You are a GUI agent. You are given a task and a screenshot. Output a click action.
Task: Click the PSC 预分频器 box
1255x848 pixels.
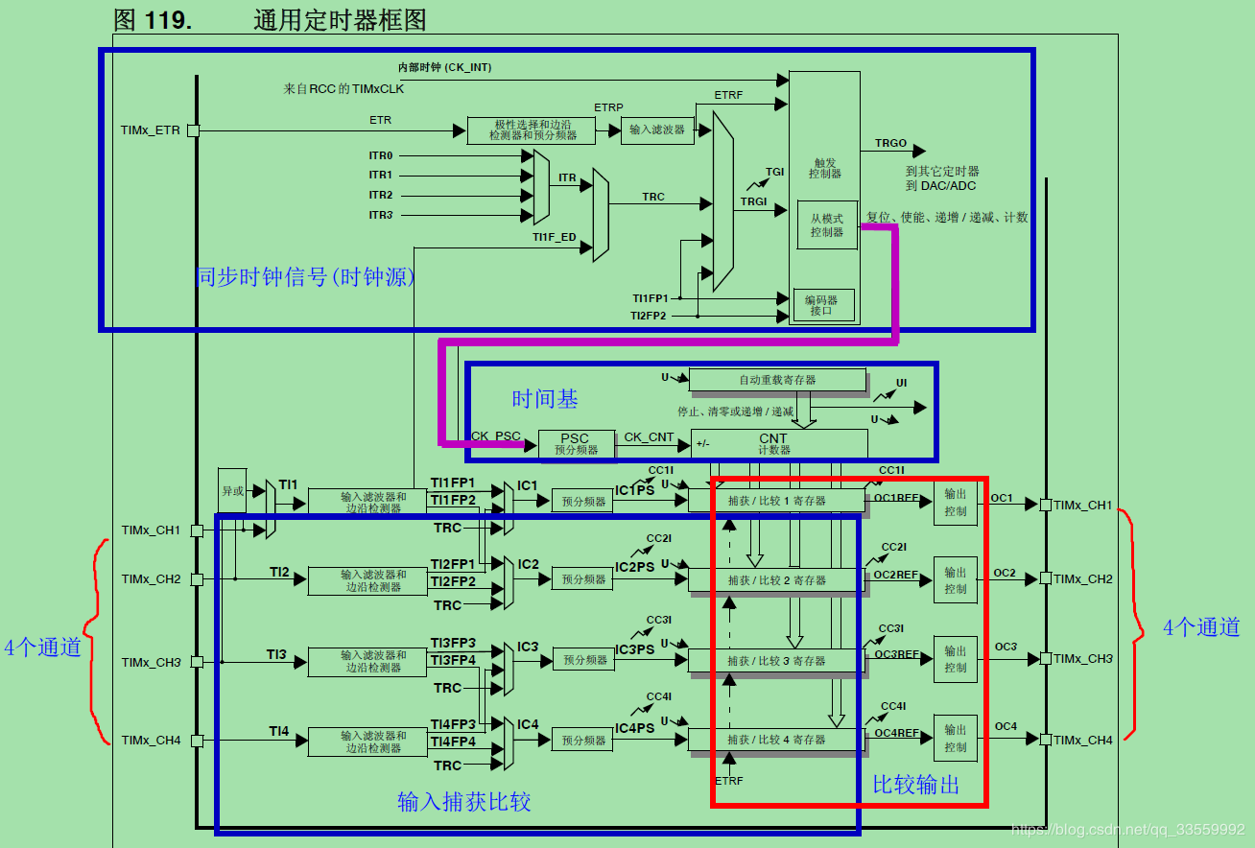pyautogui.click(x=575, y=443)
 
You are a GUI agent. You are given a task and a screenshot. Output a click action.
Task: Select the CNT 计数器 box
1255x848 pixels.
pyautogui.click(x=778, y=443)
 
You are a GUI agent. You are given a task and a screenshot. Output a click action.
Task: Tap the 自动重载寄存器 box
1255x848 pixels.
pyautogui.click(x=777, y=380)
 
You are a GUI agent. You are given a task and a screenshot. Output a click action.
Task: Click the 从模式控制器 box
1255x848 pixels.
pyautogui.click(x=826, y=225)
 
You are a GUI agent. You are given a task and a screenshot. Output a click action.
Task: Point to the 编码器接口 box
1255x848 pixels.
pyautogui.click(x=822, y=305)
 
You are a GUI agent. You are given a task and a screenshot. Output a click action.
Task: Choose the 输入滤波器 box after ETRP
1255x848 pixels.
pyautogui.click(x=657, y=130)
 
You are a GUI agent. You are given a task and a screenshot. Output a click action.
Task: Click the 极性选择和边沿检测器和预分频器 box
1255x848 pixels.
pyautogui.click(x=531, y=130)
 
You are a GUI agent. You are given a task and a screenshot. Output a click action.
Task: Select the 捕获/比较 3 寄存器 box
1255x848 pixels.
pyautogui.click(x=776, y=660)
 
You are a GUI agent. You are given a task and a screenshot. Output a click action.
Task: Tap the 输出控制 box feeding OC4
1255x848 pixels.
pyautogui.click(x=955, y=738)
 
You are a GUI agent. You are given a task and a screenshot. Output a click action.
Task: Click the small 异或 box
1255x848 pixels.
pyautogui.click(x=232, y=490)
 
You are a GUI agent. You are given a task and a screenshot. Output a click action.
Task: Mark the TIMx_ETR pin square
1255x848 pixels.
pyautogui.click(x=193, y=130)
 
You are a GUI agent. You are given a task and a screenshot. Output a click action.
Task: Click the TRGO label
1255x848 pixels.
pyautogui.click(x=890, y=144)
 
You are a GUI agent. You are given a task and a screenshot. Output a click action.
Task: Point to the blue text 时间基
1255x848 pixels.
pyautogui.click(x=544, y=398)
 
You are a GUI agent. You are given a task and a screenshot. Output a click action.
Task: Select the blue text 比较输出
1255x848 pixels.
pyautogui.click(x=915, y=784)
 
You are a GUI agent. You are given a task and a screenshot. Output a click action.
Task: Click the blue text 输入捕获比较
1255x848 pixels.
pyautogui.click(x=463, y=801)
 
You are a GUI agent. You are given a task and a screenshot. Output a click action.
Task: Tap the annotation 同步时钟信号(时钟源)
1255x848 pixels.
pyautogui.click(x=305, y=277)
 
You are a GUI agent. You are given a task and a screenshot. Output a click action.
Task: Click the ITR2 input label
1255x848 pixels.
pyautogui.click(x=381, y=195)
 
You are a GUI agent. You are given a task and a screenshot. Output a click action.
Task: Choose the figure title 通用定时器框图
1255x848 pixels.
pyautogui.click(x=340, y=19)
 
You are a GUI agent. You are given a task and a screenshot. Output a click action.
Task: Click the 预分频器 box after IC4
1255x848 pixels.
pyautogui.click(x=583, y=740)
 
